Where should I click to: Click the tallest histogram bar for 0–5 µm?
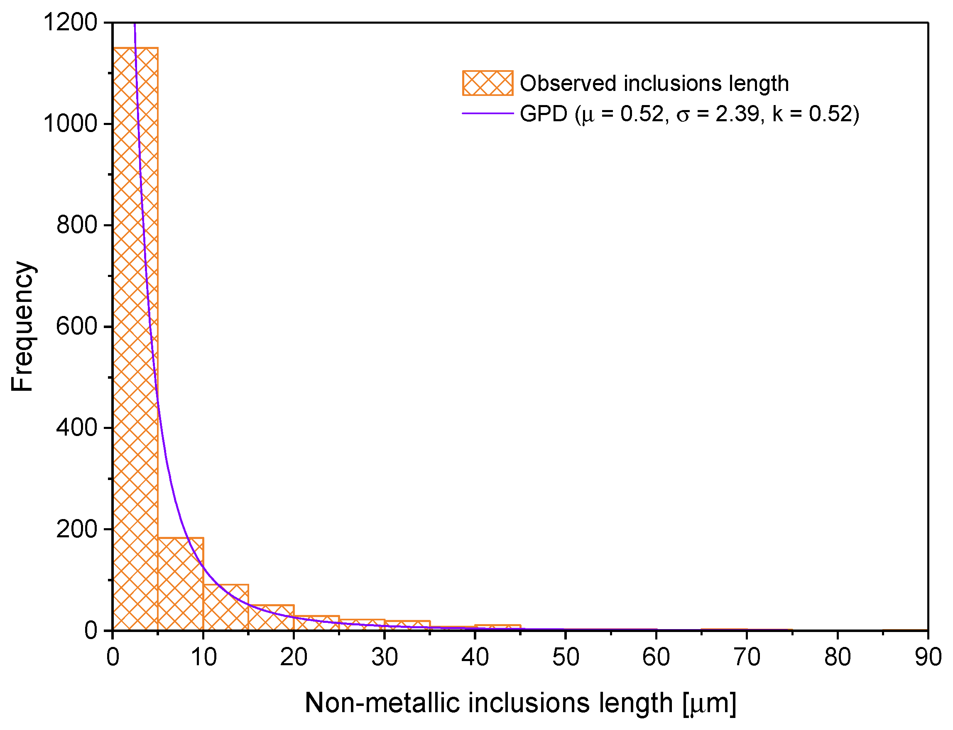coord(135,339)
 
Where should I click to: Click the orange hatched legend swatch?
coord(488,83)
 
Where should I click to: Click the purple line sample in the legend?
coord(488,114)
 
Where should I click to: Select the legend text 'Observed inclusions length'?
coord(654,83)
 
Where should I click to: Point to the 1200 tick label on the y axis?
coord(70,22)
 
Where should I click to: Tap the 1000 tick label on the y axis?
coord(70,124)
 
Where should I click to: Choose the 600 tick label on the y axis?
coord(76,326)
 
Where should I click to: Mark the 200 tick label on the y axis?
coord(76,529)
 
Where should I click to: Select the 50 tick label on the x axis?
coord(566,657)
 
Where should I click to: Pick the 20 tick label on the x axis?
coord(294,657)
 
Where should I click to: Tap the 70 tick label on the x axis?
coord(747,657)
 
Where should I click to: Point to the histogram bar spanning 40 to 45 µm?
coord(497,627)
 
